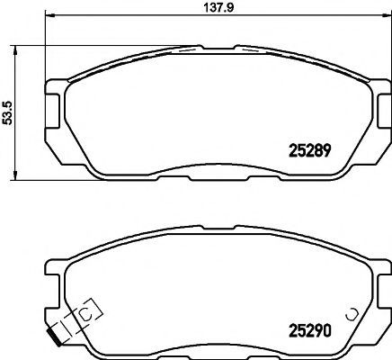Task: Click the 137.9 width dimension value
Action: coord(218,7)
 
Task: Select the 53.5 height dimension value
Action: coord(7,112)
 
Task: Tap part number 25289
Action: coord(309,150)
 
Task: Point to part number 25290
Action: coord(310,330)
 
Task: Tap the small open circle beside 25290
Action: coord(350,314)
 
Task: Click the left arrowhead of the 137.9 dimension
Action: coord(49,14)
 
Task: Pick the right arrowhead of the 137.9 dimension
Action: coord(387,14)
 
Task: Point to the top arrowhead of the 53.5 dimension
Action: coord(15,50)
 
